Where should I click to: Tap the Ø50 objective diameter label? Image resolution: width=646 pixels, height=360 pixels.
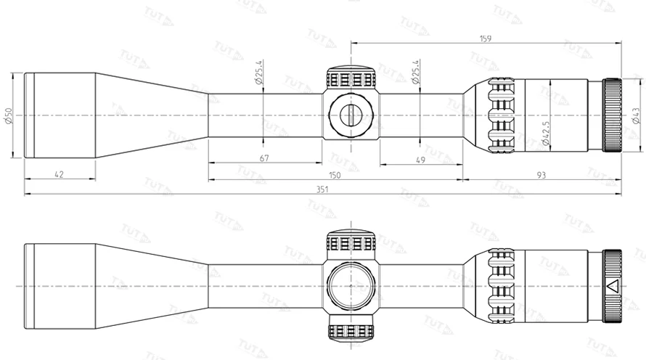pyautogui.click(x=9, y=115)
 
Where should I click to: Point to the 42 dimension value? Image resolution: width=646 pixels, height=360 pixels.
pyautogui.click(x=60, y=173)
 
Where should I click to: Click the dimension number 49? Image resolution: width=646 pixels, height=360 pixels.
pyautogui.click(x=420, y=159)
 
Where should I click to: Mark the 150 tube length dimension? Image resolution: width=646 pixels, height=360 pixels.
pyautogui.click(x=335, y=174)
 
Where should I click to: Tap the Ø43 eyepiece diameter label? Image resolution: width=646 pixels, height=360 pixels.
pyautogui.click(x=636, y=115)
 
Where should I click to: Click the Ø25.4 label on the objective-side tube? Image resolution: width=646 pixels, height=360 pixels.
pyautogui.click(x=259, y=73)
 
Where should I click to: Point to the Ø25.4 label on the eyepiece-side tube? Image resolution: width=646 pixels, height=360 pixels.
pyautogui.click(x=416, y=73)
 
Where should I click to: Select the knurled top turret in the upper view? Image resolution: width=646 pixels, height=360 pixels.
pyautogui.click(x=351, y=78)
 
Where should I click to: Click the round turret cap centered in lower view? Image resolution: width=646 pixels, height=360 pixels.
pyautogui.click(x=351, y=285)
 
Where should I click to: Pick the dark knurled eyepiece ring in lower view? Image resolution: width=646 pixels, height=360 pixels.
pyautogui.click(x=612, y=285)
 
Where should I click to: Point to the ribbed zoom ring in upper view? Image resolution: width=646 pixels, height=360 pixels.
pyautogui.click(x=499, y=115)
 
